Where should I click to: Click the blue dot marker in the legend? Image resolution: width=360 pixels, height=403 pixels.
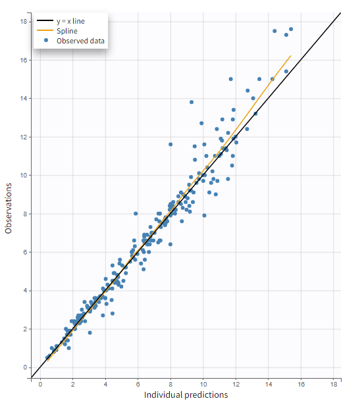pos(45,41)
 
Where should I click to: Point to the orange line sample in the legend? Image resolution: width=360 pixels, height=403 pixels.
pos(45,31)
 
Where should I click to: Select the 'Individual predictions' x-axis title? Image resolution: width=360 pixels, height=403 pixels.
pos(186,394)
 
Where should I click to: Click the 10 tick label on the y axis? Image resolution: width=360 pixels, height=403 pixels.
pos(24,176)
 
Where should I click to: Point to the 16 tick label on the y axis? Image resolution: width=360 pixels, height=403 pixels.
pos(24,60)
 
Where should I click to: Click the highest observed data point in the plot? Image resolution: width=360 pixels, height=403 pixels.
pos(291,29)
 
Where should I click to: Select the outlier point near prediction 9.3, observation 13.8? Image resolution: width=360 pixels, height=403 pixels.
pos(192,102)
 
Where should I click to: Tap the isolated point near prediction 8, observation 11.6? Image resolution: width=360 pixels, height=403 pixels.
pos(170,144)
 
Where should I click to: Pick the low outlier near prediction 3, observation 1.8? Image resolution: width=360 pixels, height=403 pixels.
pos(90,333)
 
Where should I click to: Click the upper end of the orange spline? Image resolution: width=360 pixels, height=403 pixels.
pos(290,56)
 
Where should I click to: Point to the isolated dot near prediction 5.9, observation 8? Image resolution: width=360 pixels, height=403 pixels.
pos(136,214)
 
